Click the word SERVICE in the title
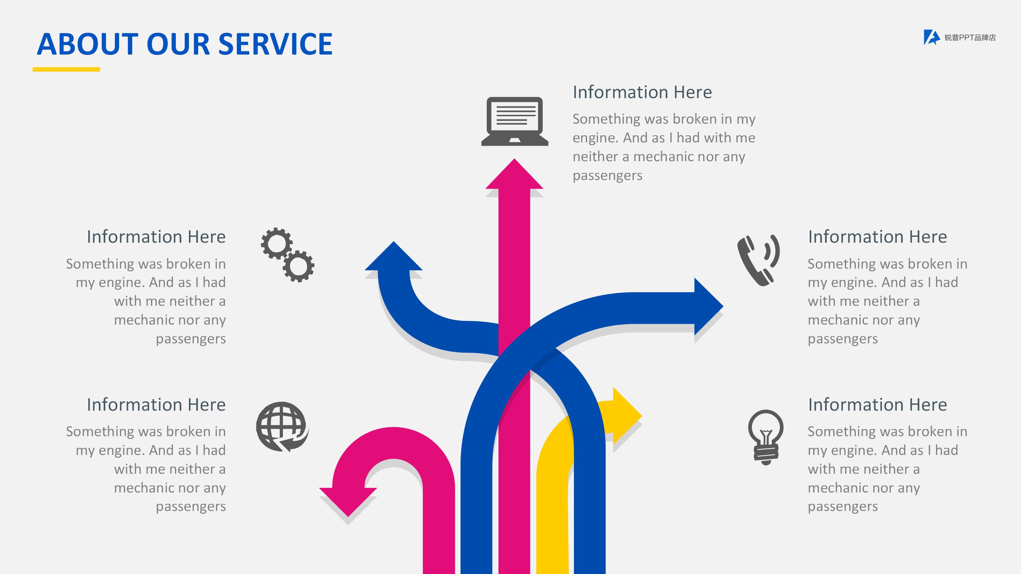[x=275, y=44]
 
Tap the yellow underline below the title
[x=66, y=69]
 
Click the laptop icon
[x=514, y=121]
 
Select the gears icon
[x=288, y=255]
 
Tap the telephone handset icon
[x=758, y=260]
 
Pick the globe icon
[x=282, y=427]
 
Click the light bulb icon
[x=766, y=437]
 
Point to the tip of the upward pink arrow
[x=514, y=159]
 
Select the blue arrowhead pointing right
[x=709, y=306]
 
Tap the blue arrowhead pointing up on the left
[x=394, y=256]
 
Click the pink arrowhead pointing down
[x=348, y=502]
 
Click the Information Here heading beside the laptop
[x=642, y=92]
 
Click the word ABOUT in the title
[x=87, y=44]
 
